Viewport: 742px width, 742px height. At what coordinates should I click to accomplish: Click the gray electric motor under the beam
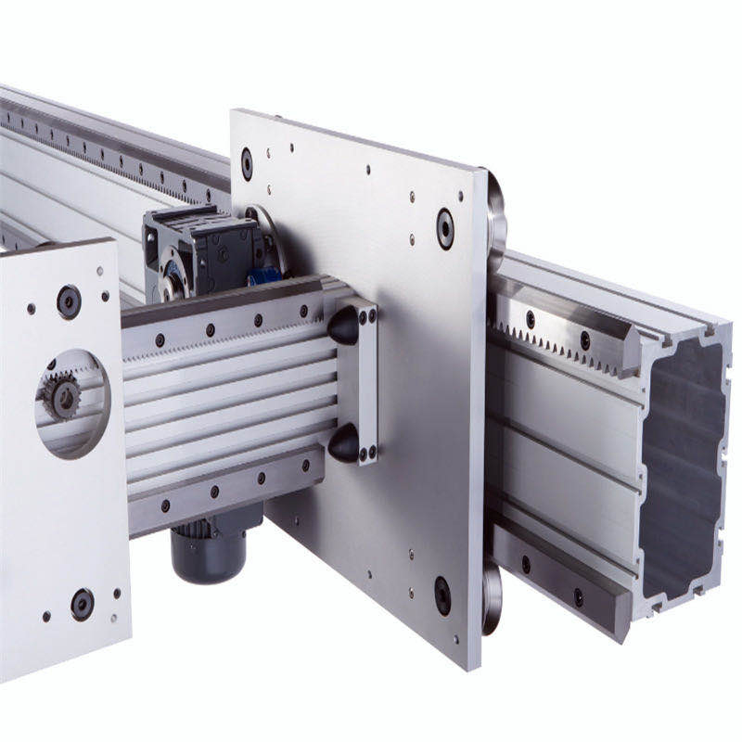[209, 549]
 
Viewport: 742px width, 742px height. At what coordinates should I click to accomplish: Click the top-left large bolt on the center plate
[247, 164]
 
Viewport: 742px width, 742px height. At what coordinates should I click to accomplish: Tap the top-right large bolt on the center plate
[445, 228]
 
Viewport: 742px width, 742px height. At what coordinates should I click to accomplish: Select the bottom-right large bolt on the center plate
[443, 595]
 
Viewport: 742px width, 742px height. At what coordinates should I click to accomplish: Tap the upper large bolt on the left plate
[69, 301]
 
